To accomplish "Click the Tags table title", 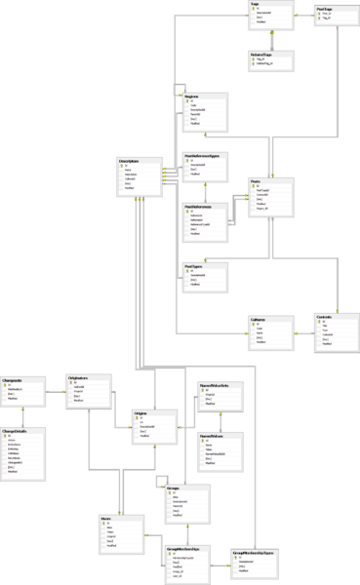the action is click(255, 4).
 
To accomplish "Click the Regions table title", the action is click(193, 97).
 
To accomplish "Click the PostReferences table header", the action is click(199, 206).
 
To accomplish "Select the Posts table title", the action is click(256, 181).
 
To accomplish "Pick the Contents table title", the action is click(327, 316).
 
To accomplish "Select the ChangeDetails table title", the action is click(16, 430).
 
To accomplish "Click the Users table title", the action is click(105, 519).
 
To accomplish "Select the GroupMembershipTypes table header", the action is click(251, 551).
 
